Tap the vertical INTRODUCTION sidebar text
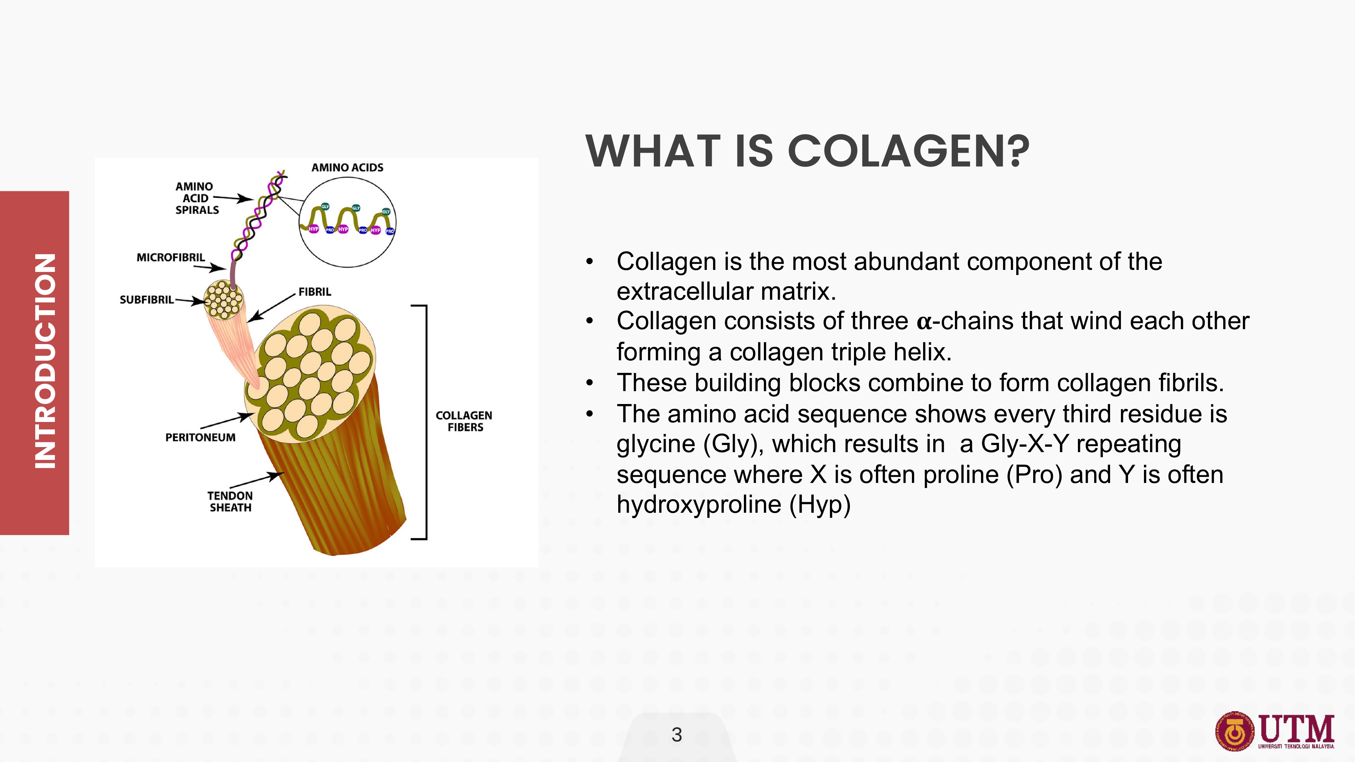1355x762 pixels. (x=45, y=361)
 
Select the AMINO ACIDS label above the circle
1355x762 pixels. (x=347, y=168)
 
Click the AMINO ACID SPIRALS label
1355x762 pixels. (x=197, y=198)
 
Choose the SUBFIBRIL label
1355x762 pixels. (x=146, y=300)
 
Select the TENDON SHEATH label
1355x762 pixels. (x=230, y=502)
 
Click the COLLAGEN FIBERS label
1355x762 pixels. (x=464, y=421)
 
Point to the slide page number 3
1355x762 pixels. (x=677, y=735)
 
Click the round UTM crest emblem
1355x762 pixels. (x=1234, y=732)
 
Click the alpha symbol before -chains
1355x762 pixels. (x=924, y=322)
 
